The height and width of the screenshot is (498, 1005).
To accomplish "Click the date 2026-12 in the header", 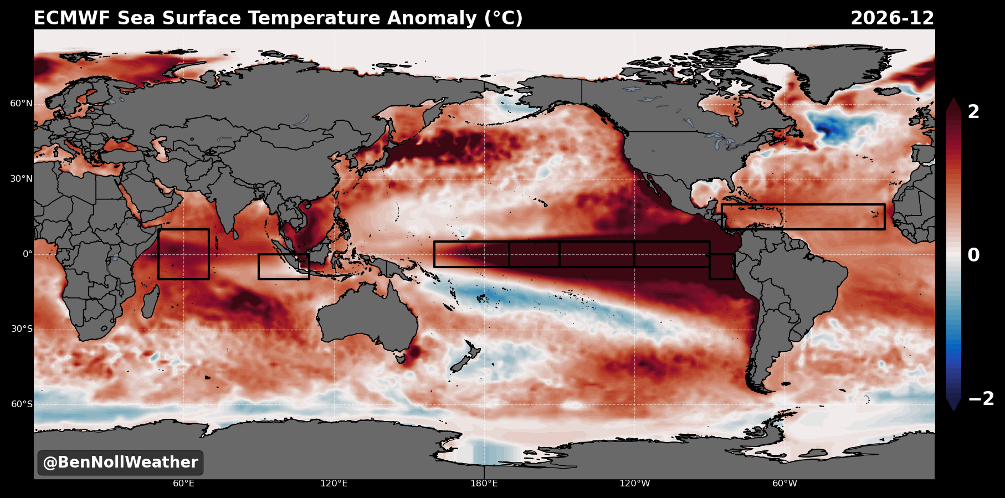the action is point(892,18).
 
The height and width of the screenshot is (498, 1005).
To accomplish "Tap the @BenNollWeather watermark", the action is point(120,463).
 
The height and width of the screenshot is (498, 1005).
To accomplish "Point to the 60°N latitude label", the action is point(22,104).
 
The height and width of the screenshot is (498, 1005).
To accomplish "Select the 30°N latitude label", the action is point(22,179).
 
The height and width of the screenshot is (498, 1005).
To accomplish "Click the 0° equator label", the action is point(28,254).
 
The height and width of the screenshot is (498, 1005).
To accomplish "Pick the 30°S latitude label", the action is point(22,329).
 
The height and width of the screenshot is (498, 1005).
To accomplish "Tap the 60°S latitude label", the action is point(22,404).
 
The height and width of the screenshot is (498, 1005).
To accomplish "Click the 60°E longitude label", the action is point(183,484).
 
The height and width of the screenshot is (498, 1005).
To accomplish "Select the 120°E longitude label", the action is point(334,484).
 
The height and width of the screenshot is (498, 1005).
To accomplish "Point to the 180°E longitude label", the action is point(484,484).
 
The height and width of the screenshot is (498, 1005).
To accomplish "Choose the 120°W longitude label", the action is point(635,484).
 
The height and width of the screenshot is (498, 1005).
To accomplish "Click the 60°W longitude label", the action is point(785,484).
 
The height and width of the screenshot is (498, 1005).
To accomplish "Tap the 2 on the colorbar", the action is point(973,112).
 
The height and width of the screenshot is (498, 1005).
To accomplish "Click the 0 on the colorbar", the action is point(973,255).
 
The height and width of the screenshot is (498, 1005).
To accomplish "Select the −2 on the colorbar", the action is point(981,399).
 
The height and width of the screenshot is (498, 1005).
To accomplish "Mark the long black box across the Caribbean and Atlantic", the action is point(803,205).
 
